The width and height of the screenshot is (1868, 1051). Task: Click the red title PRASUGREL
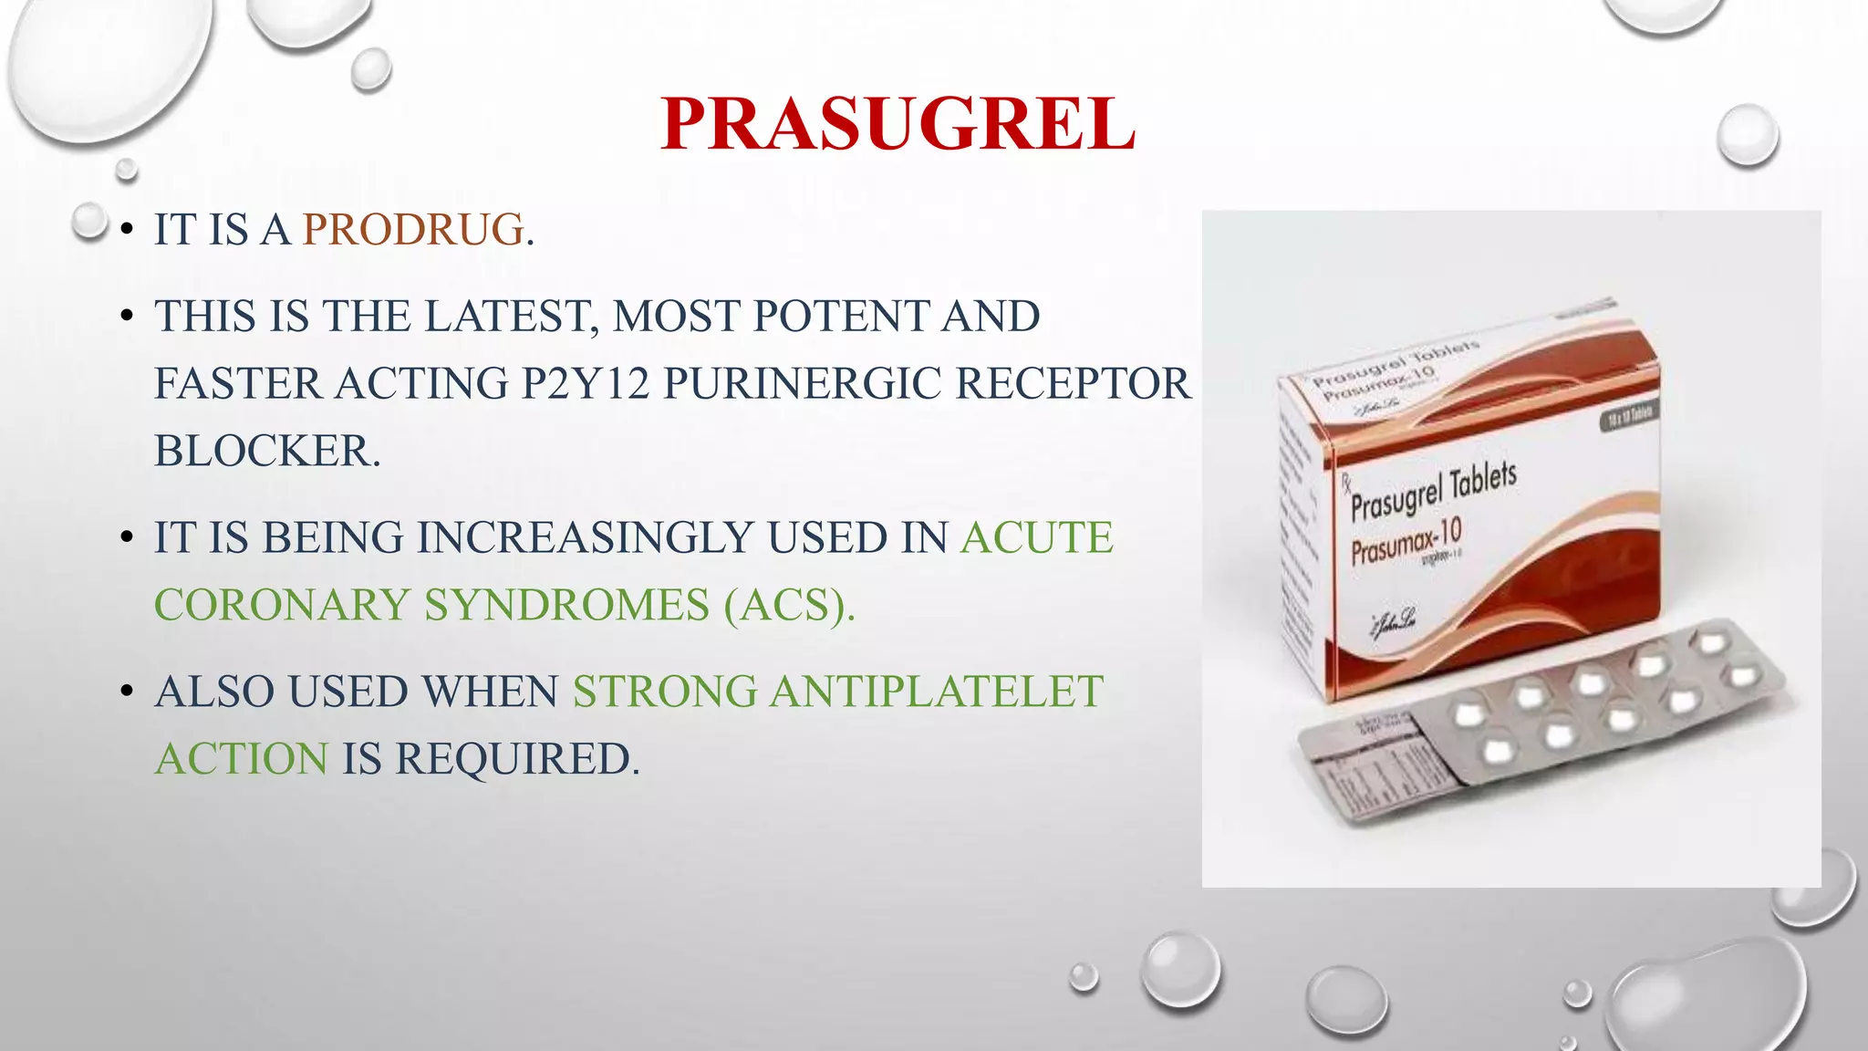(898, 124)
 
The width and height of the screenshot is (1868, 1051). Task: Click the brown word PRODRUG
(413, 229)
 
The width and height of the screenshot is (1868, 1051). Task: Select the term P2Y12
(585, 383)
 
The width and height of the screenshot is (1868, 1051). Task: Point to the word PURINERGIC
(802, 383)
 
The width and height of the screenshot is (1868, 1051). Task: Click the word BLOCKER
(266, 451)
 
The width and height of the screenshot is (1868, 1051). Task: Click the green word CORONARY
(282, 605)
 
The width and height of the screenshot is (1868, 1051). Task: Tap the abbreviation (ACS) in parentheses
(790, 605)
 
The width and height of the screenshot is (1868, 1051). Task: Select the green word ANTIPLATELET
(937, 692)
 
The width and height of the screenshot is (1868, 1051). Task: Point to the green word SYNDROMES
(566, 605)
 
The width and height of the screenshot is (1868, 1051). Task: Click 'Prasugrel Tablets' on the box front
(1433, 491)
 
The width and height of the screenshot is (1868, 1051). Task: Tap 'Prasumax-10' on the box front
(1406, 541)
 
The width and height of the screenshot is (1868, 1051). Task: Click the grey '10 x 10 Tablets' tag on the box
(1629, 416)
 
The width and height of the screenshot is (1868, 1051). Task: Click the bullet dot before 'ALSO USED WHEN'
(127, 692)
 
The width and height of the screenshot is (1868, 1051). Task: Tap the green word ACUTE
(1037, 537)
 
